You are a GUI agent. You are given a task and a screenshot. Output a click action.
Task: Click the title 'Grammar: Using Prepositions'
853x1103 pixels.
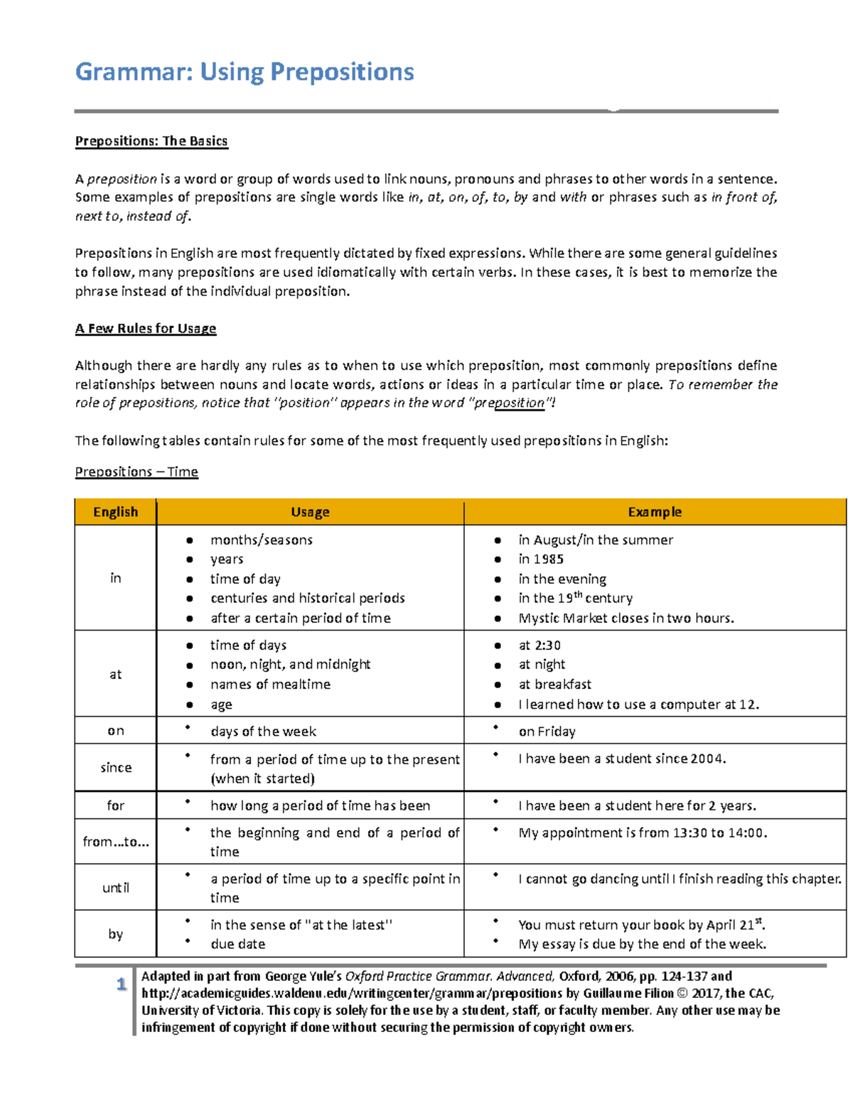245,72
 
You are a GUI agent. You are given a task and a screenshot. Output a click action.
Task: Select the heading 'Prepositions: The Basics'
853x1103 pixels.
151,141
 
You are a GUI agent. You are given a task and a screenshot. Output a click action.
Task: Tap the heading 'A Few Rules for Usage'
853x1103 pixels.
146,328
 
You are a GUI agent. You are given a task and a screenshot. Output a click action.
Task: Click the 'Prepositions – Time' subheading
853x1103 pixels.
136,472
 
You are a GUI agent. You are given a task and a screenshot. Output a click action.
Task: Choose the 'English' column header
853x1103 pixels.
115,512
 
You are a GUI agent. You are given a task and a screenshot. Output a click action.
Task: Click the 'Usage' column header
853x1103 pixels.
310,512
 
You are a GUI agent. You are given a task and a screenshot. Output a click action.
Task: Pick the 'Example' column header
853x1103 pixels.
655,512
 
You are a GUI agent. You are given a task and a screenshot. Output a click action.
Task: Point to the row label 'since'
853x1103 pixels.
116,767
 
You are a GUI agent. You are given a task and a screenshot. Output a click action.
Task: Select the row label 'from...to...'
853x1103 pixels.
116,842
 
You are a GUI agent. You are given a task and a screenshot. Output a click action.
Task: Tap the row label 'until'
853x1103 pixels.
116,888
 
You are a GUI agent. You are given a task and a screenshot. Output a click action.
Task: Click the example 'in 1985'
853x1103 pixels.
541,559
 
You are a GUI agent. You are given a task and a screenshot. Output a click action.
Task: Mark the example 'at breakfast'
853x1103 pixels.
554,684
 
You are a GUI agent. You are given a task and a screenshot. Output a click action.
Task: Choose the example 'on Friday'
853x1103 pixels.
547,732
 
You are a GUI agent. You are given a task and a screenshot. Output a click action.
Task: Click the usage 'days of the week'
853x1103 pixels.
263,732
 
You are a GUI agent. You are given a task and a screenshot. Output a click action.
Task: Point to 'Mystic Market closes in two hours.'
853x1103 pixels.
626,618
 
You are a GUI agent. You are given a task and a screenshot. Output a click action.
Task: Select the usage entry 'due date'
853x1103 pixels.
237,944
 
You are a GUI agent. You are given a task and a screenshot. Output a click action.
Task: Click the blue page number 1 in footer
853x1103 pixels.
122,984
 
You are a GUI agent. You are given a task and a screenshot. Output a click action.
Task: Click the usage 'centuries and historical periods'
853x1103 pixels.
307,598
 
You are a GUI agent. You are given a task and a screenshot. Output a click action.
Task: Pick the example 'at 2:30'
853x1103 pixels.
540,645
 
